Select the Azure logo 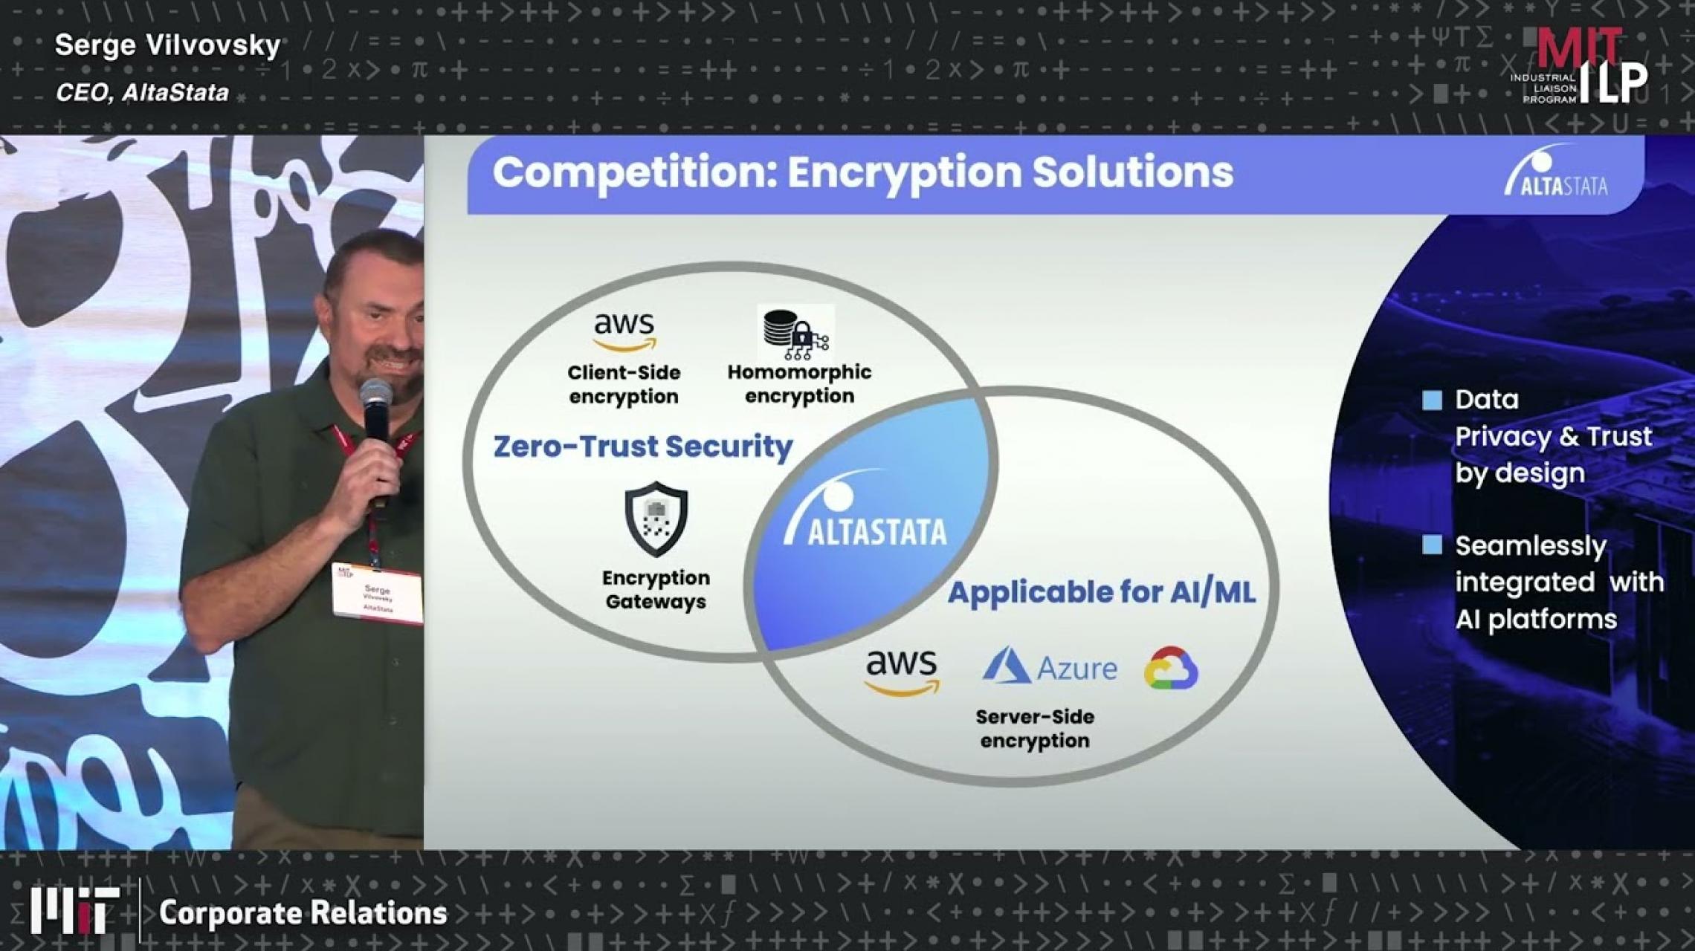(1049, 666)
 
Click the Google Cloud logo (1171, 668)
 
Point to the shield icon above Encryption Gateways (656, 519)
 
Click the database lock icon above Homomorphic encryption (795, 334)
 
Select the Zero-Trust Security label (643, 447)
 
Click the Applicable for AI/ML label (1101, 592)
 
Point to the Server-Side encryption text (1034, 728)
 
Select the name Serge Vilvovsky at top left (168, 45)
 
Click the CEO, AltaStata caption (143, 93)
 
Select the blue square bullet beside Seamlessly (1432, 545)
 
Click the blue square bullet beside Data (1432, 400)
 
